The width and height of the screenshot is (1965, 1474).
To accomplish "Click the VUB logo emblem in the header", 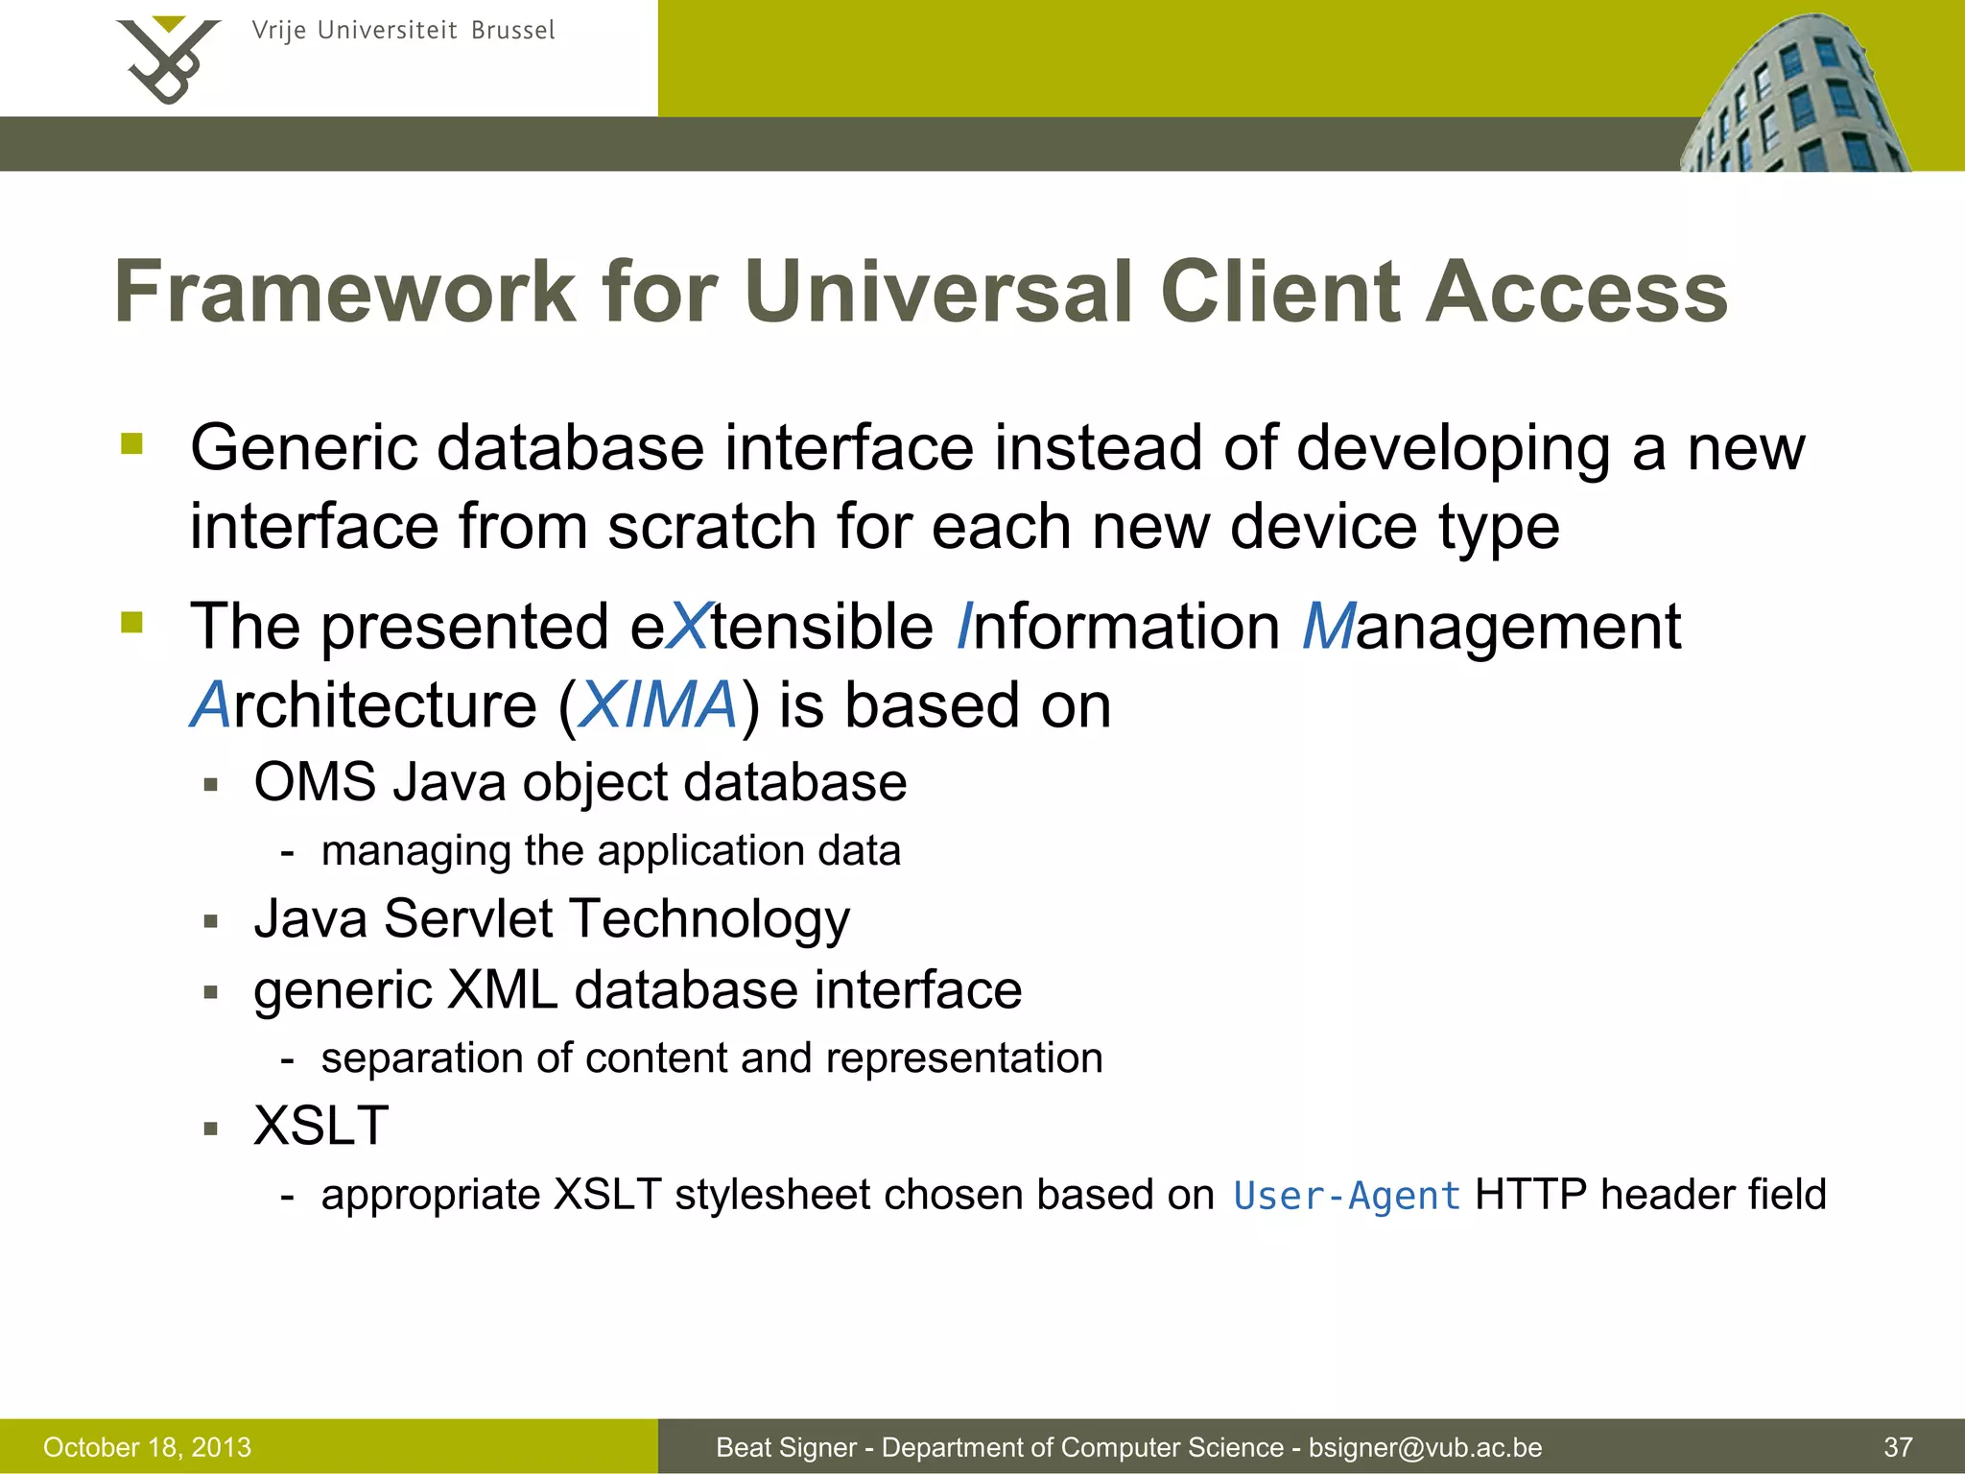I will point(168,59).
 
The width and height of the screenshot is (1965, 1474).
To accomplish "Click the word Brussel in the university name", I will point(512,31).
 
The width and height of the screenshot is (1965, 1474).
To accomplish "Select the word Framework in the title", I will point(344,292).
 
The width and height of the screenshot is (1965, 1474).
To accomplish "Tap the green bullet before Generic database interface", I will point(131,444).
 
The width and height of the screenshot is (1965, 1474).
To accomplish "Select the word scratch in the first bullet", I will point(711,527).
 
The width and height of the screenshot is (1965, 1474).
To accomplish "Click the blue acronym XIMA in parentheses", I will point(658,705).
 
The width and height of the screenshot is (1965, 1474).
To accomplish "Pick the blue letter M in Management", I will point(1328,627).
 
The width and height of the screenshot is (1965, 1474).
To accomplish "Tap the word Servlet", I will point(468,918).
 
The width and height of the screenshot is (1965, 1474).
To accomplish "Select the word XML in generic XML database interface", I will point(502,989).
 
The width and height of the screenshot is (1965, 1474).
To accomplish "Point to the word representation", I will point(963,1058).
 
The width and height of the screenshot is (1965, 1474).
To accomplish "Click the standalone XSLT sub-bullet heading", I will point(320,1126).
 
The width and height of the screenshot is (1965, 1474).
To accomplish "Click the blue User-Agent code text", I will point(1346,1197).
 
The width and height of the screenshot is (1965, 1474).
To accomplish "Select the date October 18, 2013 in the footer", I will point(147,1447).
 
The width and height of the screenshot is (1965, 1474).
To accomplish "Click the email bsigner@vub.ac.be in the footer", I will point(1425,1447).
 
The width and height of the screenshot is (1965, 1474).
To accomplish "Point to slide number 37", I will point(1898,1447).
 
